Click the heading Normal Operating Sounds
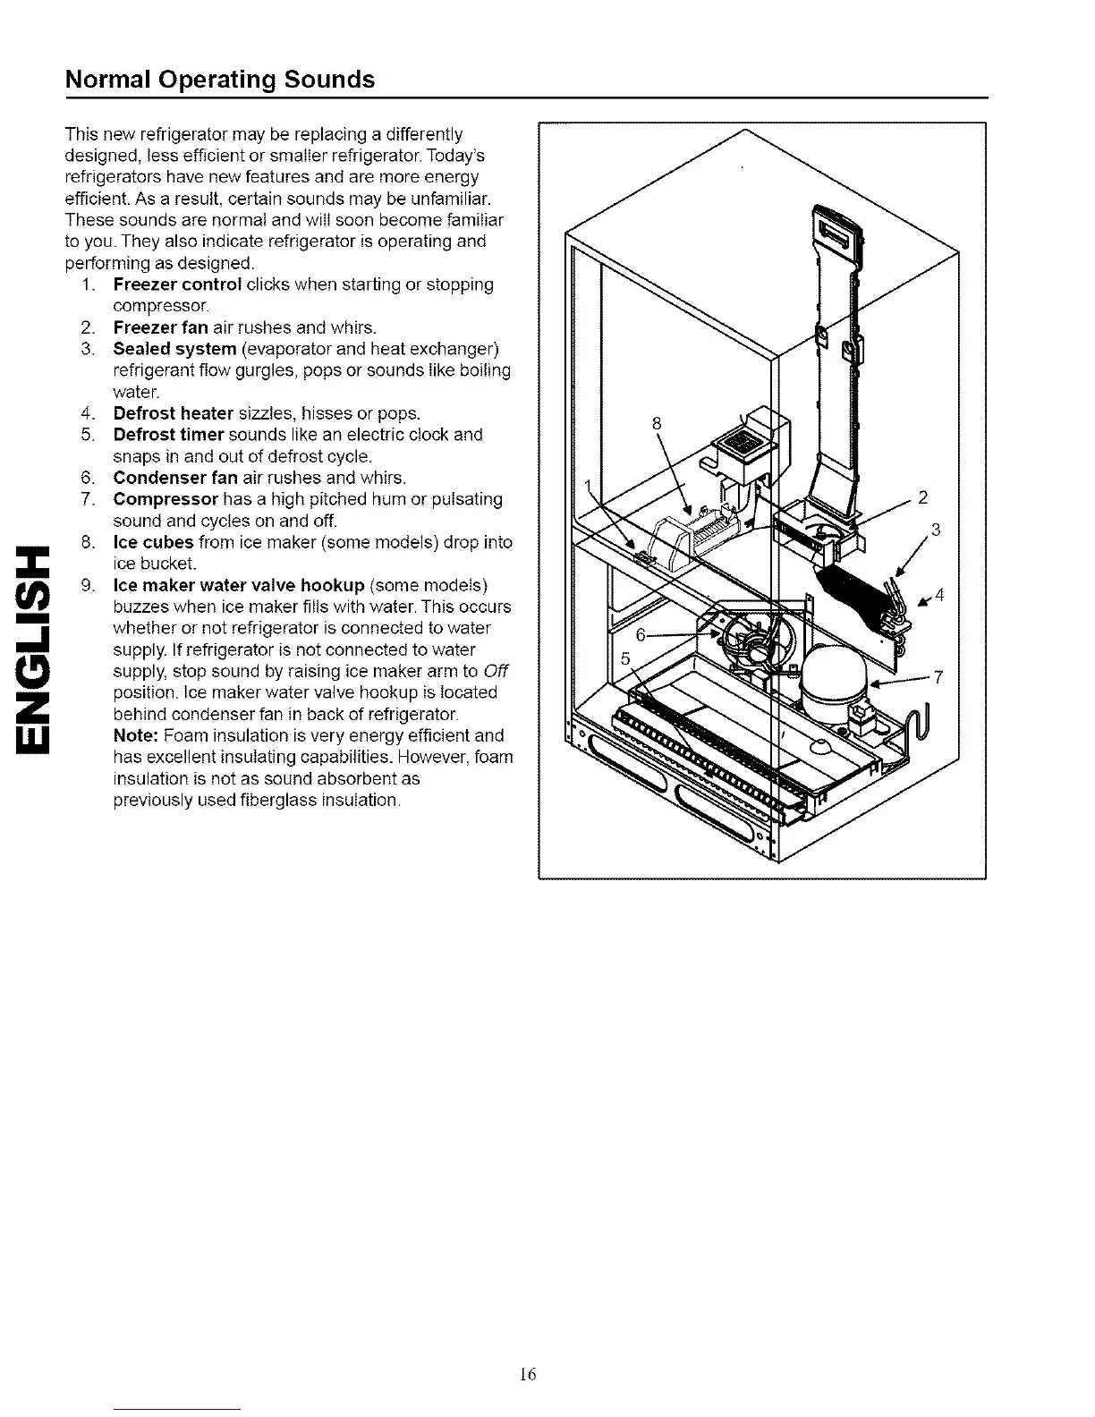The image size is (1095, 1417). [220, 80]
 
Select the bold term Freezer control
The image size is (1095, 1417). [177, 284]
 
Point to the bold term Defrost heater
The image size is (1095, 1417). [173, 413]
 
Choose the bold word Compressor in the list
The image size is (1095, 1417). [166, 499]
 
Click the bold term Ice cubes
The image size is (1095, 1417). [153, 542]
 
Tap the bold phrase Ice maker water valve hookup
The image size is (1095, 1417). [238, 585]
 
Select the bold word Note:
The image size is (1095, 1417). [136, 735]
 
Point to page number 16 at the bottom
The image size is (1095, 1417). [527, 1374]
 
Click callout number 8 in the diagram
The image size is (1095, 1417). [657, 424]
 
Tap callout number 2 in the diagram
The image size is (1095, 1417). [924, 498]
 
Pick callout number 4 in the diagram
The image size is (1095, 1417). [939, 595]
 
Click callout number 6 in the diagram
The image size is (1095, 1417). [641, 634]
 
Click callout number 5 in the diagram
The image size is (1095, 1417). [626, 658]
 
